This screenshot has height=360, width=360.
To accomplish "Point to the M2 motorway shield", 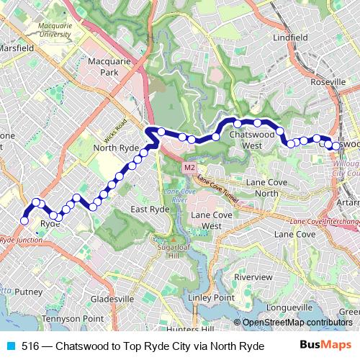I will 189,168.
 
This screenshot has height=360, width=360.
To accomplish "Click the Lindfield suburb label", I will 290,37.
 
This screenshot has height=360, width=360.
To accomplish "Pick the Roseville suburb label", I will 328,82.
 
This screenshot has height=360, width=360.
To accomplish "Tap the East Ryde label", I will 150,209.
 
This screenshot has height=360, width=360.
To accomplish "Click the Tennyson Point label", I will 73,318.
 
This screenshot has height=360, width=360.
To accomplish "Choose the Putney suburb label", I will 29,292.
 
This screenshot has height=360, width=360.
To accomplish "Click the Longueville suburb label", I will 287,307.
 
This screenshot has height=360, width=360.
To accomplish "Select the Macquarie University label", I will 55,30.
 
